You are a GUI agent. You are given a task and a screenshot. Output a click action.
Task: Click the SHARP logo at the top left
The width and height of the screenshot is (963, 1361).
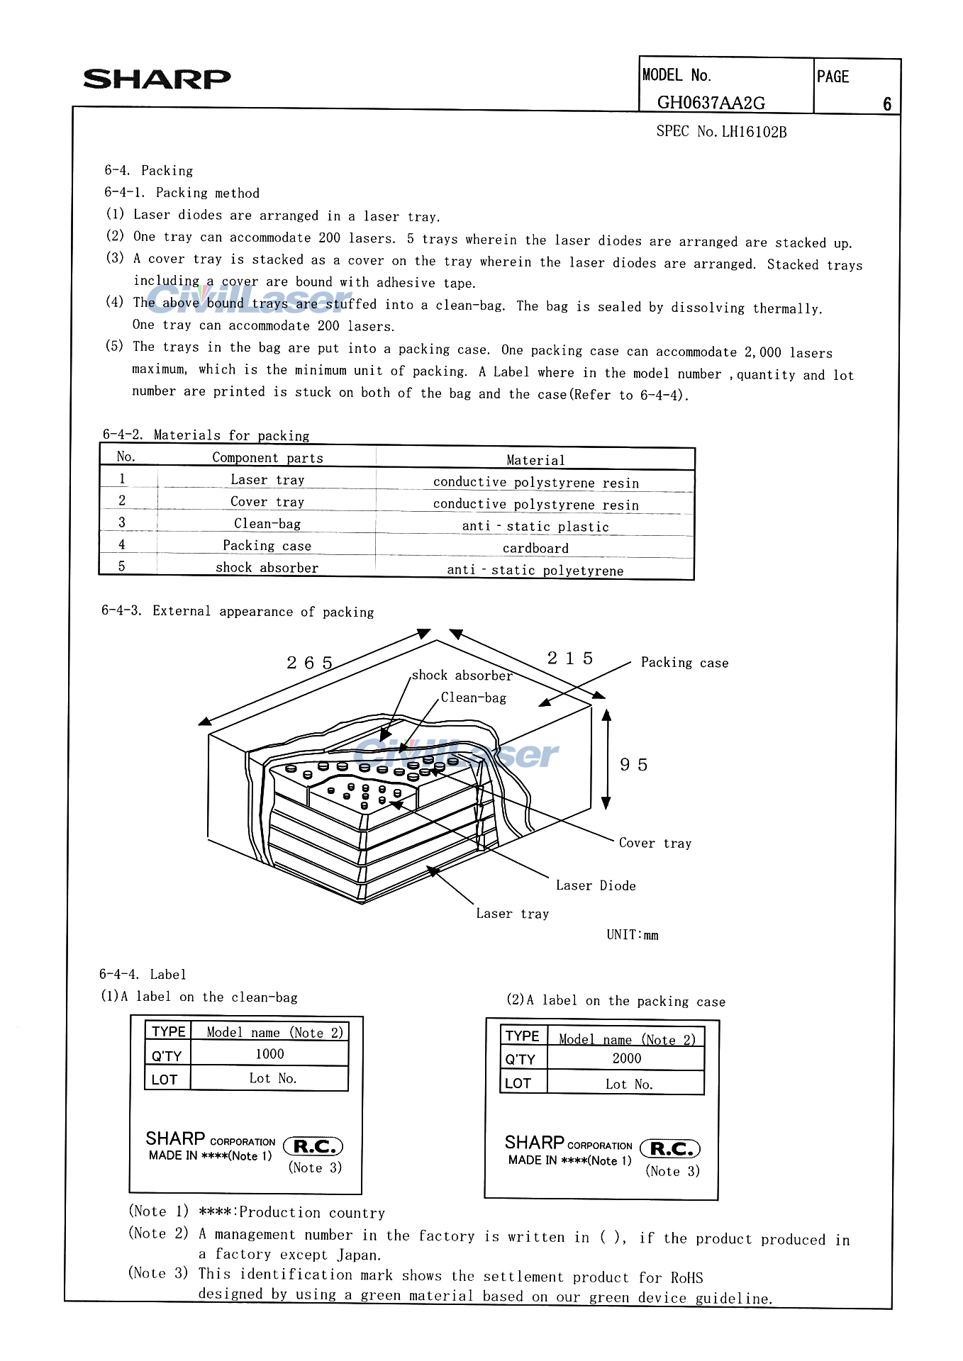tap(157, 79)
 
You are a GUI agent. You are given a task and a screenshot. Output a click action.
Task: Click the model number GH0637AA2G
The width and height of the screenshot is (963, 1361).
tap(711, 103)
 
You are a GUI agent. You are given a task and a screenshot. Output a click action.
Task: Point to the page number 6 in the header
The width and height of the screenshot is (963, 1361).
tap(887, 104)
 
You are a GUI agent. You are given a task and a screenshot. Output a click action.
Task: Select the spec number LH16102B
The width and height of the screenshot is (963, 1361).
tap(754, 132)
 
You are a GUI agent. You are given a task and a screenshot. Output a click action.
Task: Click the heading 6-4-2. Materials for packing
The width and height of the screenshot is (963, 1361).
tap(206, 435)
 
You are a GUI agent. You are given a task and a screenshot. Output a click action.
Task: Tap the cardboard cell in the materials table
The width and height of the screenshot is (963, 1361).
tap(535, 548)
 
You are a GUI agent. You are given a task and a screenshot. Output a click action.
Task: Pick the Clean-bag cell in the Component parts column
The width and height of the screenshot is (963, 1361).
tap(267, 524)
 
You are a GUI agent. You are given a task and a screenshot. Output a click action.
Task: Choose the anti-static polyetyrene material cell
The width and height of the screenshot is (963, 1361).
tap(535, 570)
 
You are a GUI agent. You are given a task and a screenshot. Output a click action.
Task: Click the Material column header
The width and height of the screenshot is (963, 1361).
tap(535, 460)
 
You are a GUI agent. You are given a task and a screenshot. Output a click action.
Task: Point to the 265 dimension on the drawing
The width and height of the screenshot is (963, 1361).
tap(310, 663)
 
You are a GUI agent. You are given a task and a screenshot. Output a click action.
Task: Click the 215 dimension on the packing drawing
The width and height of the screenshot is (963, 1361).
tap(570, 659)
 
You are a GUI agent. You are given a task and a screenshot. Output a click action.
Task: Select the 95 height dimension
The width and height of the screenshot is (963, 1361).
tap(634, 765)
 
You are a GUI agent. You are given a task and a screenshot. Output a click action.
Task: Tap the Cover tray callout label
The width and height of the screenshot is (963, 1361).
tap(655, 843)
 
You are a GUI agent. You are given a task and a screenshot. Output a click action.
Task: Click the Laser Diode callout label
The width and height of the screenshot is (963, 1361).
tap(596, 885)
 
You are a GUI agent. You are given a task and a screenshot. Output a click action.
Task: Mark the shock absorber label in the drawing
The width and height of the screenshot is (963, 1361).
tap(462, 676)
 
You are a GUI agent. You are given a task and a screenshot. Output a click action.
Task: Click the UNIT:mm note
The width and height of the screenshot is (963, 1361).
tap(633, 935)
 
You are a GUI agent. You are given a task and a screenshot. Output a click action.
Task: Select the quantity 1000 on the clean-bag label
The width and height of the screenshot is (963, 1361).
tap(269, 1054)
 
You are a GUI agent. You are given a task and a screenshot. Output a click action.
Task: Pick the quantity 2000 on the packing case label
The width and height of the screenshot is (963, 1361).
tap(627, 1058)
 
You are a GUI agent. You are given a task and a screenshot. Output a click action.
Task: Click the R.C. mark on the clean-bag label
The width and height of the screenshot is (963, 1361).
tap(313, 1146)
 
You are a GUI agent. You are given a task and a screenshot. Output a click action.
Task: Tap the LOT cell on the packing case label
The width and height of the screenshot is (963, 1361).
tap(518, 1083)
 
